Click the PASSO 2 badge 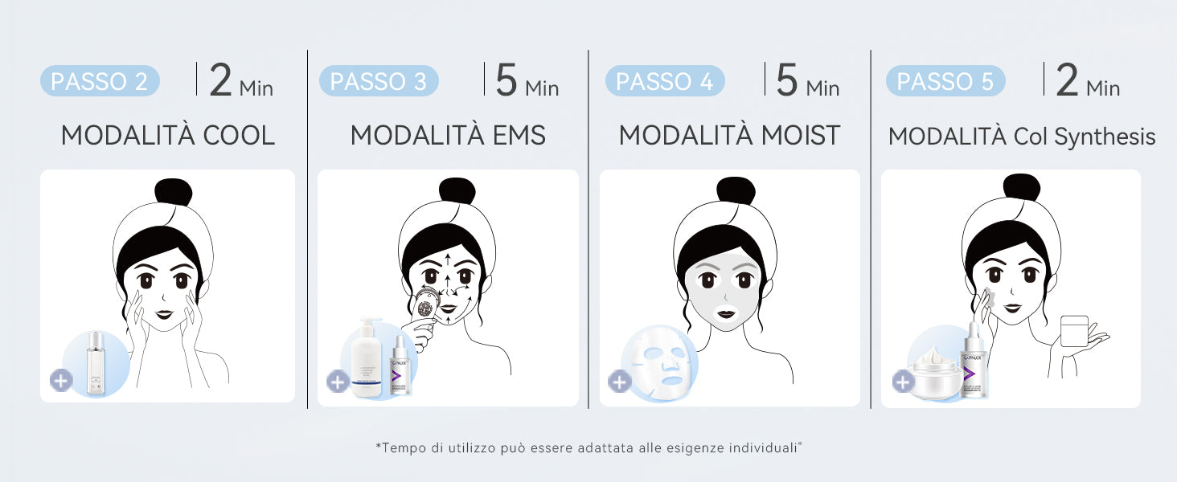(x=100, y=81)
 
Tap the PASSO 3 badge (x=379, y=81)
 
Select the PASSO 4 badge (x=665, y=81)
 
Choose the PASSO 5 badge (x=945, y=81)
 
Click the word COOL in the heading (x=239, y=136)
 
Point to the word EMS (x=519, y=136)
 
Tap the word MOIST (x=801, y=136)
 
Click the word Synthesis (x=1105, y=137)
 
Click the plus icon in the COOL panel (x=61, y=381)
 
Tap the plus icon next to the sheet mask (x=620, y=382)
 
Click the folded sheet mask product (x=660, y=363)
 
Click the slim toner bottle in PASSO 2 (x=96, y=362)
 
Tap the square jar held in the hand (x=1074, y=331)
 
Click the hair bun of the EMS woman (x=457, y=190)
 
